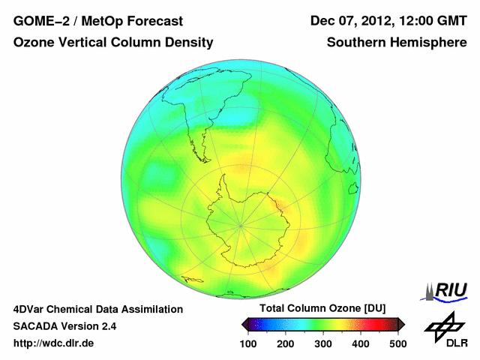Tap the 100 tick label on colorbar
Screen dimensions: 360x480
click(x=248, y=343)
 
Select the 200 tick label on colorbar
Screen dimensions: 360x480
click(x=286, y=343)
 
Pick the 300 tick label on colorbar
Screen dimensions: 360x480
click(x=323, y=343)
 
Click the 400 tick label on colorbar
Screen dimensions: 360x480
click(x=361, y=343)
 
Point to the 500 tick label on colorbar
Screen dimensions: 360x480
click(x=397, y=343)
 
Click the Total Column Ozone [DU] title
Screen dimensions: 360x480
click(x=322, y=309)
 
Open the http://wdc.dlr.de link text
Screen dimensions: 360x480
click(x=54, y=343)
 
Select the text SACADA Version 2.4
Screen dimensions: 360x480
click(x=64, y=326)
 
